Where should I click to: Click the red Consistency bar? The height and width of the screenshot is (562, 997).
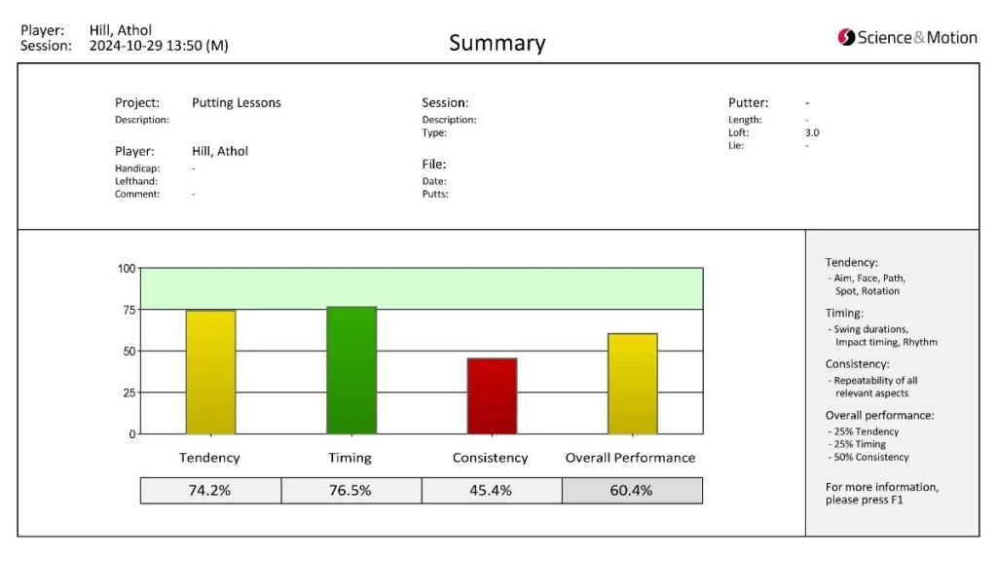point(492,396)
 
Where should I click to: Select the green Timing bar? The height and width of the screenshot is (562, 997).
point(351,371)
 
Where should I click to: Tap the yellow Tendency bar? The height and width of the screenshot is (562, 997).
point(210,373)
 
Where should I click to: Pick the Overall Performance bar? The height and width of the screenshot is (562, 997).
point(632,384)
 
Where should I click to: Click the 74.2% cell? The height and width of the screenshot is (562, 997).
point(210,491)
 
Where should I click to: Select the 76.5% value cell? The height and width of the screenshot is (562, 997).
point(351,491)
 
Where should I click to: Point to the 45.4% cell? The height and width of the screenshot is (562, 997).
point(491,491)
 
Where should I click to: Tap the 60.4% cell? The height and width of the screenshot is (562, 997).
point(631,491)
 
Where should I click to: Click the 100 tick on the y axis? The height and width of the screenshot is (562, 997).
point(127,268)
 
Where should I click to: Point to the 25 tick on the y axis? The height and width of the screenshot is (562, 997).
point(129,393)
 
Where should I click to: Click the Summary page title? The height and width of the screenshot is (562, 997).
point(498,43)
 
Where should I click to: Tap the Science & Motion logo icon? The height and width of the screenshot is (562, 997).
point(846,38)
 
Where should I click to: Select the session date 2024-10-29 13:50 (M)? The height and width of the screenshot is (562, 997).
point(159,46)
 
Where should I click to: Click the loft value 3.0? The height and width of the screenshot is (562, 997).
point(812,132)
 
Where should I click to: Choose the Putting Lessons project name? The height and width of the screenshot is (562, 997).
point(237,102)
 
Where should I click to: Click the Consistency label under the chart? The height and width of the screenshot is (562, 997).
point(491,458)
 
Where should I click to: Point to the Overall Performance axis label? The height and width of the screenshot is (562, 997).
point(631,458)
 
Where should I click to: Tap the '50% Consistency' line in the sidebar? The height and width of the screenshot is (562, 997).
point(869,457)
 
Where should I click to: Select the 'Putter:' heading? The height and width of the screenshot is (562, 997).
point(748,102)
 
